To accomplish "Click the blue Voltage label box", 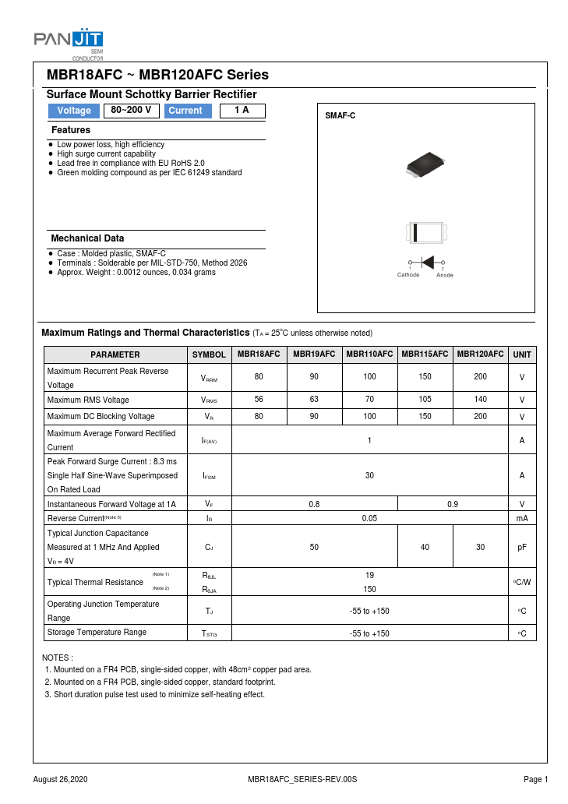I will click(x=74, y=111).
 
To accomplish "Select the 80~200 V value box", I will click(x=131, y=111).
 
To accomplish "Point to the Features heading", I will click(x=71, y=130).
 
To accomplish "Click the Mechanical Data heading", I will click(x=87, y=238).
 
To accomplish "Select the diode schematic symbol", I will click(x=426, y=263).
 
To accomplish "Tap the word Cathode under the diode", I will click(x=408, y=275).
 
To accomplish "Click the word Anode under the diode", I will click(x=445, y=275).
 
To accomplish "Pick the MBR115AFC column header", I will click(x=425, y=354).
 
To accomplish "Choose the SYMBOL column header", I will click(x=209, y=354).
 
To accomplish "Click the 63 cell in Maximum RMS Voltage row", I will click(x=314, y=400).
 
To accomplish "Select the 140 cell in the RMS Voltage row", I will click(x=480, y=400).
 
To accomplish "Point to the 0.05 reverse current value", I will click(x=369, y=518).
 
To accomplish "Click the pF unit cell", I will click(x=522, y=548).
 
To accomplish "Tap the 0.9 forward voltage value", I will click(x=452, y=504).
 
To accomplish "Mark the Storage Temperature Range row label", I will click(x=97, y=632).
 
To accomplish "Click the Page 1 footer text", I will click(x=536, y=780).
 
